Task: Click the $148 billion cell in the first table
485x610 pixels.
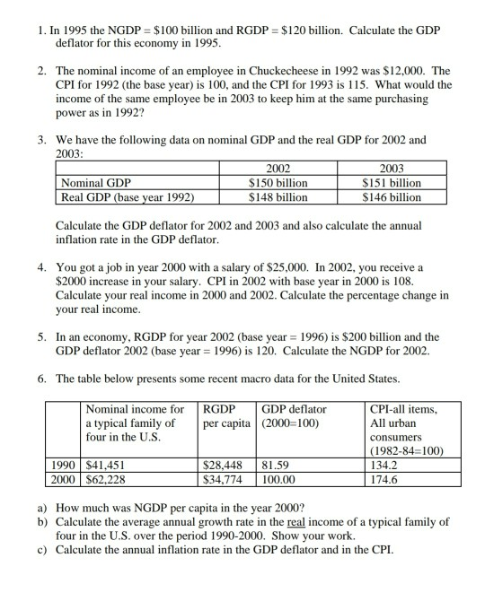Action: pos(278,197)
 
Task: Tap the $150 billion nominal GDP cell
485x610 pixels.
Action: pos(278,183)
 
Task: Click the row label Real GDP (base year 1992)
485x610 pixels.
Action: pos(128,197)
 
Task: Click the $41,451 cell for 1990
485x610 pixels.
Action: pos(105,466)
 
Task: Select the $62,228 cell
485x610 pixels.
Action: pos(105,480)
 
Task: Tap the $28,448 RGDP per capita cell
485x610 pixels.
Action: pos(225,466)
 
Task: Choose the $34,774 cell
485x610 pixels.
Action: pos(225,480)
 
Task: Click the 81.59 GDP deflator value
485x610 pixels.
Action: pos(276,466)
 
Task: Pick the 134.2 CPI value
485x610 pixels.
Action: pos(384,466)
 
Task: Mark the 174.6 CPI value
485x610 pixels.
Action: pos(384,480)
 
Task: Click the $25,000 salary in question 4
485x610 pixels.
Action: pos(286,267)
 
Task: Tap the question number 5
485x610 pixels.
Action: pos(42,337)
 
